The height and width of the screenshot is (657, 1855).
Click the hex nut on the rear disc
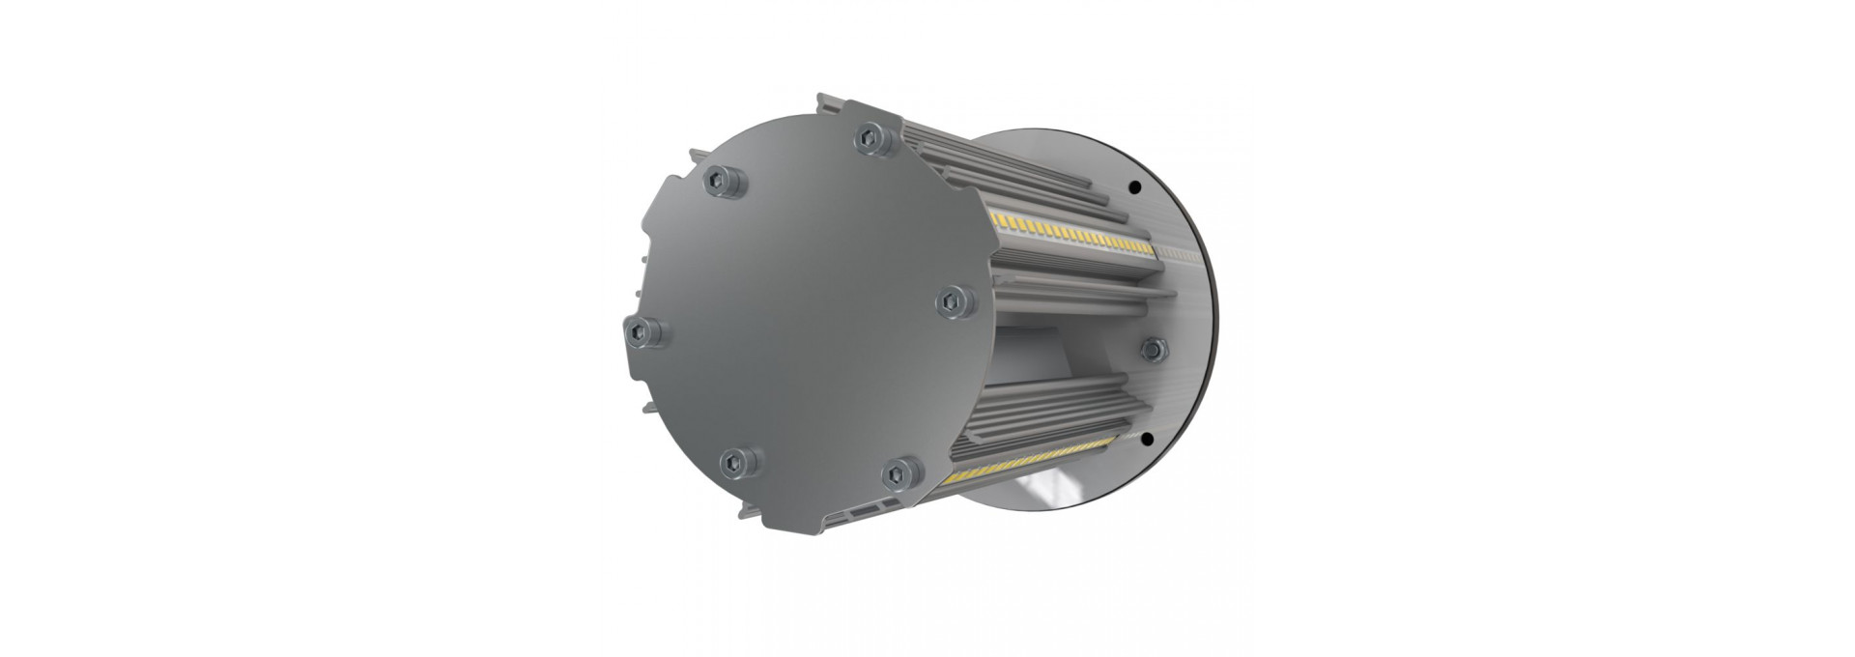coord(1152,348)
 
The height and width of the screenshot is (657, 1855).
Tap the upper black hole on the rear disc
coord(1135,186)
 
